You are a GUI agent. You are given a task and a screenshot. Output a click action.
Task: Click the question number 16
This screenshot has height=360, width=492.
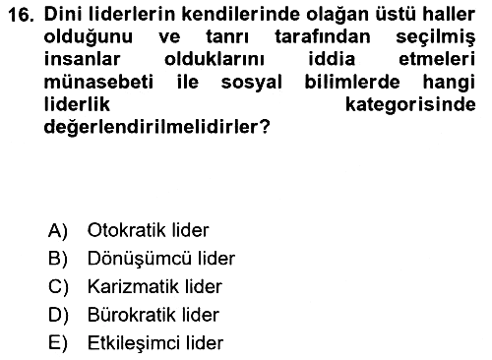tap(21, 15)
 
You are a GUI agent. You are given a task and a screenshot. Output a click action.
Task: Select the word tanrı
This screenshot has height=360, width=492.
tap(227, 36)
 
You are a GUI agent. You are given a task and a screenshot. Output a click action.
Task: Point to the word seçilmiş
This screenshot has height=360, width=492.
tap(436, 37)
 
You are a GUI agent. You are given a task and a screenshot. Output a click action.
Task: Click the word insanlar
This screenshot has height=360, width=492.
tap(82, 59)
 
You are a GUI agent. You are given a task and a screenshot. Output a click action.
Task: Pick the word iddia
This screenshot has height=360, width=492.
tap(332, 59)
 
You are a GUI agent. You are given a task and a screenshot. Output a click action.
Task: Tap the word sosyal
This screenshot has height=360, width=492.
tap(252, 83)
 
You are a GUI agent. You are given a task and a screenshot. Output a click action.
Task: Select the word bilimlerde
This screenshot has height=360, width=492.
tap(352, 82)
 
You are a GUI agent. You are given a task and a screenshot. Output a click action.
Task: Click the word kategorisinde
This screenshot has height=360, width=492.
tap(410, 105)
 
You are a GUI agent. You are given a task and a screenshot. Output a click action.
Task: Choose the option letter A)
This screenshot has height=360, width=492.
tap(58, 230)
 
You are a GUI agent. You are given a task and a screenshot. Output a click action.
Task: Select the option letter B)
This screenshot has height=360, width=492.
tap(58, 259)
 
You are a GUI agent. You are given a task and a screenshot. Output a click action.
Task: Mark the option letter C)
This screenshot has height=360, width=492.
tap(58, 287)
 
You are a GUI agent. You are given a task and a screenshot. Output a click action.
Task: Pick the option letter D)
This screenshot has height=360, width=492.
tap(58, 316)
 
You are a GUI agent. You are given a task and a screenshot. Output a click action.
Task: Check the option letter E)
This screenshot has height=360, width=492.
tap(58, 343)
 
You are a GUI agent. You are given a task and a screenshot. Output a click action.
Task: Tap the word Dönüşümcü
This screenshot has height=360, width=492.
tap(139, 259)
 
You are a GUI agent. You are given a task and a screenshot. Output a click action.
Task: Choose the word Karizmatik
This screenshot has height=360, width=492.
tap(133, 287)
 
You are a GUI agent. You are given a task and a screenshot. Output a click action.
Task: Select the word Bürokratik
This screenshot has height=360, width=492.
tap(132, 315)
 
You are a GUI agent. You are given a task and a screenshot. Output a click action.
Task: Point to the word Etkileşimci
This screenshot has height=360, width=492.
tap(134, 343)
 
